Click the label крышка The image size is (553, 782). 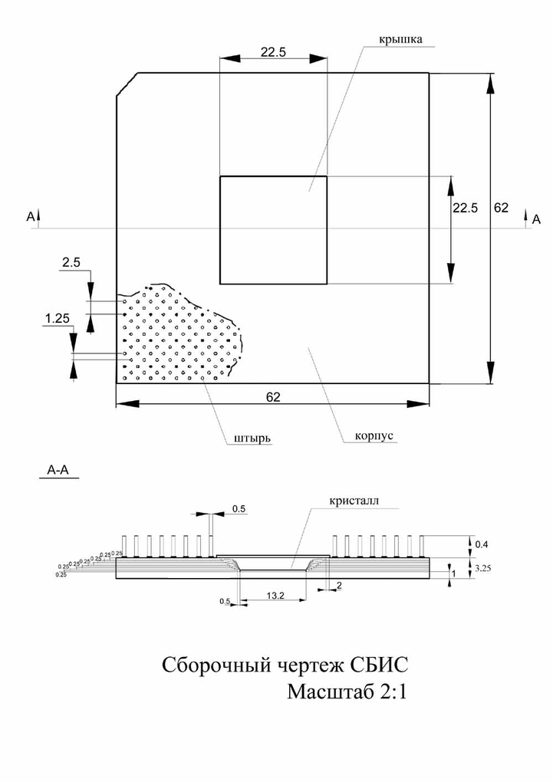401,38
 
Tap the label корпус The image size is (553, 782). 374,435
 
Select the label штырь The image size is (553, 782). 251,439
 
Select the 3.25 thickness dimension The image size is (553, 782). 483,568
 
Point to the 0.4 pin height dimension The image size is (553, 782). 482,544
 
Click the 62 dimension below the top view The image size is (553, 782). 273,397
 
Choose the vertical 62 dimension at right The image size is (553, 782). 501,208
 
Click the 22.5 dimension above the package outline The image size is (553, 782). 273,53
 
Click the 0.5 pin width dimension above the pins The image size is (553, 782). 239,508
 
